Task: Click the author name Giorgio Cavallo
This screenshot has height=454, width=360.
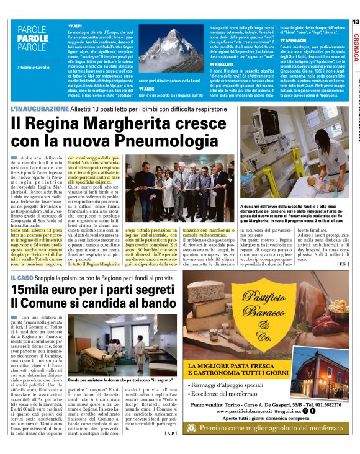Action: (x=29, y=66)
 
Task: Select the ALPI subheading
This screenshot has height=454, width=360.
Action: (x=77, y=22)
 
